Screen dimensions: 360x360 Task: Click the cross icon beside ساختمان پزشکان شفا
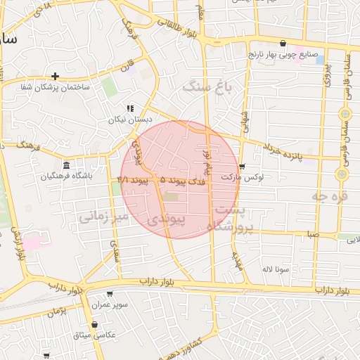pyautogui.click(x=55, y=76)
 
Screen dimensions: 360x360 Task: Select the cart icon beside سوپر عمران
pyautogui.click(x=110, y=295)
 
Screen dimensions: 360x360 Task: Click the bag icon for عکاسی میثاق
pyautogui.click(x=94, y=324)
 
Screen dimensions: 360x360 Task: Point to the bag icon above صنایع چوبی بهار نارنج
pyautogui.click(x=283, y=43)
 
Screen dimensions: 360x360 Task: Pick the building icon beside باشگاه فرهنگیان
pyautogui.click(x=66, y=166)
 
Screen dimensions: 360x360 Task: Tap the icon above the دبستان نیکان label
pyautogui.click(x=129, y=108)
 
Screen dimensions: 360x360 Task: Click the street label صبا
pyautogui.click(x=312, y=233)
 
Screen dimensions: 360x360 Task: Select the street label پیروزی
pyautogui.click(x=326, y=77)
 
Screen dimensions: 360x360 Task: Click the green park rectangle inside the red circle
pyautogui.click(x=171, y=197)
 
